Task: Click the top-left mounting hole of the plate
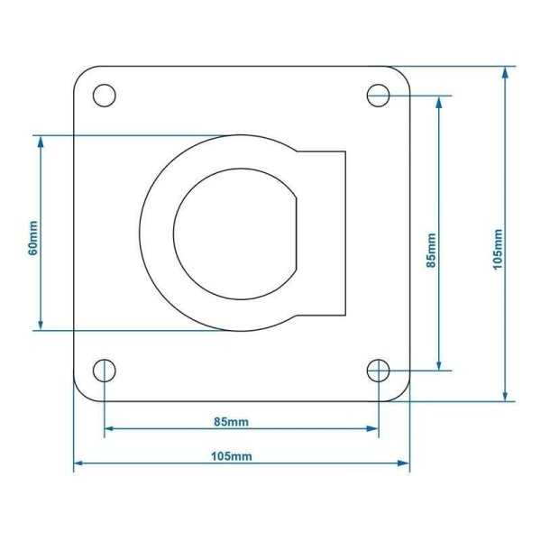(x=105, y=95)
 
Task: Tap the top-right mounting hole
(x=378, y=95)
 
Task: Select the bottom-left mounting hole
(x=105, y=370)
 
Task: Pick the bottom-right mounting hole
(x=378, y=370)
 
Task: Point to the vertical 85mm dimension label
(x=431, y=251)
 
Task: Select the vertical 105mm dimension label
(x=498, y=248)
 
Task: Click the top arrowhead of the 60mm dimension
(x=41, y=142)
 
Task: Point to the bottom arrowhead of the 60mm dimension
(x=41, y=325)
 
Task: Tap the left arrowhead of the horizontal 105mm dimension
(x=78, y=463)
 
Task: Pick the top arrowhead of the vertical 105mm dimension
(x=507, y=71)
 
